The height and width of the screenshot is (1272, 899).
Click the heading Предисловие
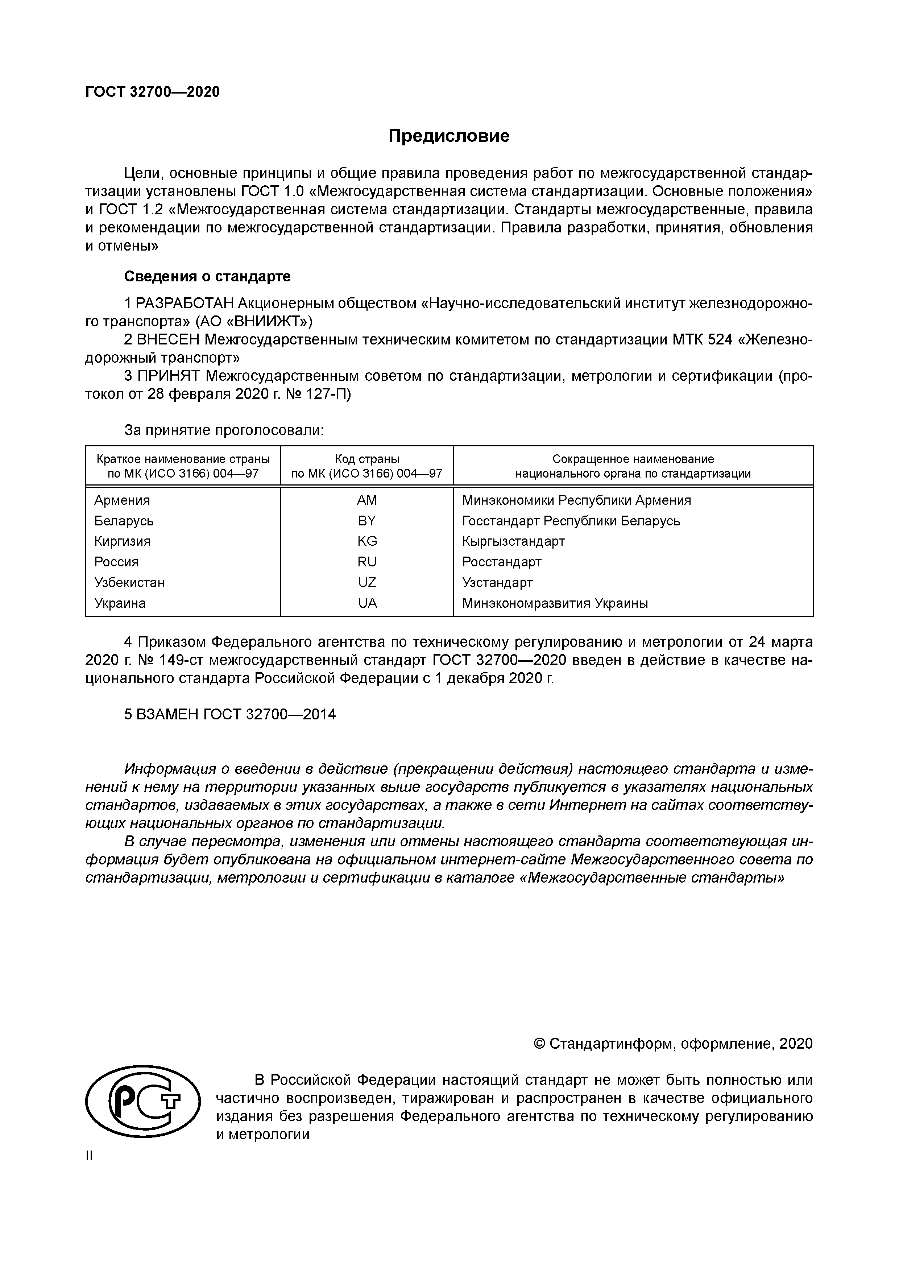pyautogui.click(x=449, y=136)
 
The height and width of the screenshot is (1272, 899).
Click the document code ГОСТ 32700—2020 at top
pyautogui.click(x=152, y=92)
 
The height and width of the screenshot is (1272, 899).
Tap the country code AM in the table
pyautogui.click(x=367, y=500)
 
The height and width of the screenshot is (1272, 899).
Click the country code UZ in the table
pyautogui.click(x=367, y=582)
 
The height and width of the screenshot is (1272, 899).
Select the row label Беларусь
pyautogui.click(x=124, y=521)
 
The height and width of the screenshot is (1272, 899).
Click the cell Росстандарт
pyautogui.click(x=502, y=562)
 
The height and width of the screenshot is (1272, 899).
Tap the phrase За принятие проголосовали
pyautogui.click(x=224, y=430)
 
